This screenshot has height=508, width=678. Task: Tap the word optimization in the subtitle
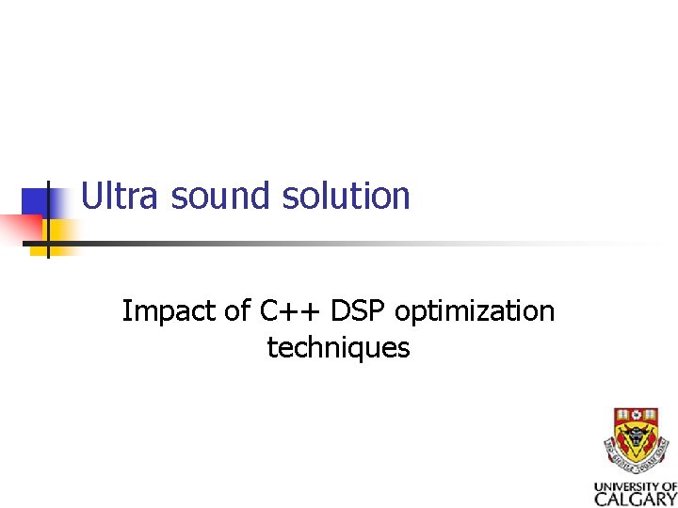tap(475, 311)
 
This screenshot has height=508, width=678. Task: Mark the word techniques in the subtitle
tap(338, 348)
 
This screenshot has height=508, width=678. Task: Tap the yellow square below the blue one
tap(58, 232)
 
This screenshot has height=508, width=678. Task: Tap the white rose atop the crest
tap(636, 415)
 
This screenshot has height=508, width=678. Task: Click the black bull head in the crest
tap(636, 437)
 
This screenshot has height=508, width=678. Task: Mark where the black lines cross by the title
tap(47, 244)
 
